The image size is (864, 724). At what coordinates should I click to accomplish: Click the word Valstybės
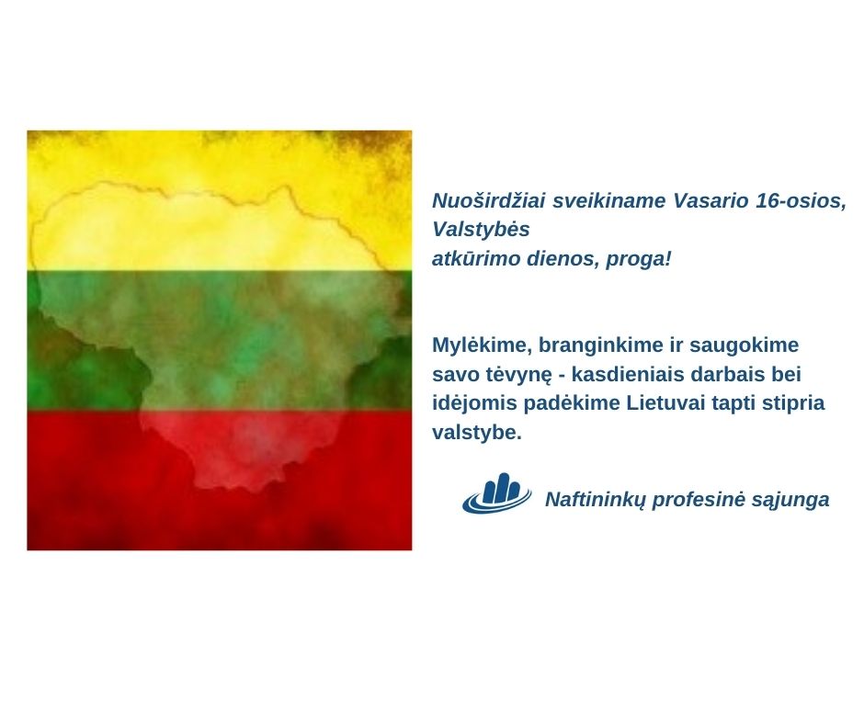(481, 229)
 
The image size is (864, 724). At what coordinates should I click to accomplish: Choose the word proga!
(638, 259)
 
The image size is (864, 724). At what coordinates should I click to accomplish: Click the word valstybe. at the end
(477, 432)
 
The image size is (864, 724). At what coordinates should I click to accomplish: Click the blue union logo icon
(496, 493)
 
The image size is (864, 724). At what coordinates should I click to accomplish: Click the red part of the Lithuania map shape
(243, 441)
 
